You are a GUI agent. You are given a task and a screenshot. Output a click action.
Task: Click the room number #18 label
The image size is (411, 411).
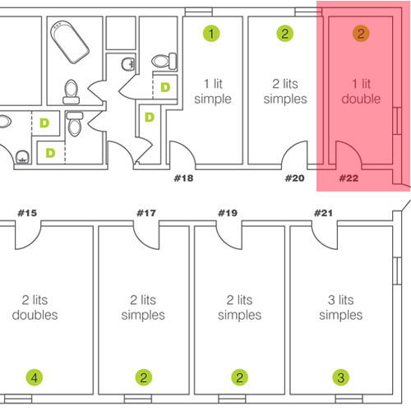[183, 178]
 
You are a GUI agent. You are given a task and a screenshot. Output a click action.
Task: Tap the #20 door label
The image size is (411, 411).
[294, 178]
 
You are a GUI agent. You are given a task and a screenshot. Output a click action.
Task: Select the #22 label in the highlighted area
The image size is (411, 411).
[349, 178]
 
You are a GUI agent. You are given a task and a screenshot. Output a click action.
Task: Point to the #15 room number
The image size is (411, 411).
[27, 213]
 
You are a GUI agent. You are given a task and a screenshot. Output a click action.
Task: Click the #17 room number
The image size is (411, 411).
[146, 213]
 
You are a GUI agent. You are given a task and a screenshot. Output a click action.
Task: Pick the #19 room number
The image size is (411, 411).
[228, 213]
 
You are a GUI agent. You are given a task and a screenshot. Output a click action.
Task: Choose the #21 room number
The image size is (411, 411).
[323, 213]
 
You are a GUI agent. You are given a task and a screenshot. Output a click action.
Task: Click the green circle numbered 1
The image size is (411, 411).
[211, 34]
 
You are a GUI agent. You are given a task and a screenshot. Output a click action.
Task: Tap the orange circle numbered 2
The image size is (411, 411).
[361, 34]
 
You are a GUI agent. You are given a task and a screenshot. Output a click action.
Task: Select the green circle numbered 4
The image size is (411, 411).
[35, 377]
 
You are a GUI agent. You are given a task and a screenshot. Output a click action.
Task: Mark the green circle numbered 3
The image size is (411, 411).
[341, 377]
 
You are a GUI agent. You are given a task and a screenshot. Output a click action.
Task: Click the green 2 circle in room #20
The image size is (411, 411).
[285, 34]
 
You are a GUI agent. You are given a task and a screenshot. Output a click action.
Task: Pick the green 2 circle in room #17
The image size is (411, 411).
[144, 377]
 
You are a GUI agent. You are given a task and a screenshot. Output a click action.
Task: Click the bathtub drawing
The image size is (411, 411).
[70, 43]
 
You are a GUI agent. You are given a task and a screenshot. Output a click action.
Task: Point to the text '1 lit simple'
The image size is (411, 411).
[213, 91]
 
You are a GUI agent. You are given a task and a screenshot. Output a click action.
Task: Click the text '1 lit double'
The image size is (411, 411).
[361, 91]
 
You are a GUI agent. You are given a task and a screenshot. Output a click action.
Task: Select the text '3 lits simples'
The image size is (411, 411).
[341, 307]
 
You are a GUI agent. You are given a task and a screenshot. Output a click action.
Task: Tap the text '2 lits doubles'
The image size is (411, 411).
[35, 307]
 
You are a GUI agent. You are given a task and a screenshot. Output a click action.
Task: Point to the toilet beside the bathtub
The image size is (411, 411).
[72, 92]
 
